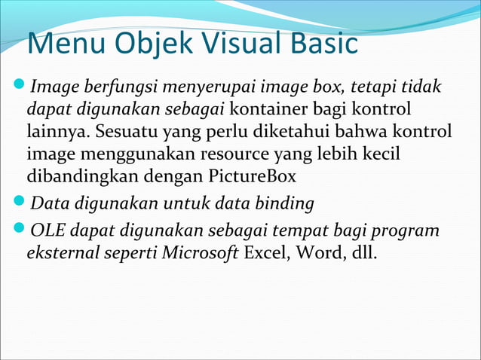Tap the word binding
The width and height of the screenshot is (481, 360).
(285, 203)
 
